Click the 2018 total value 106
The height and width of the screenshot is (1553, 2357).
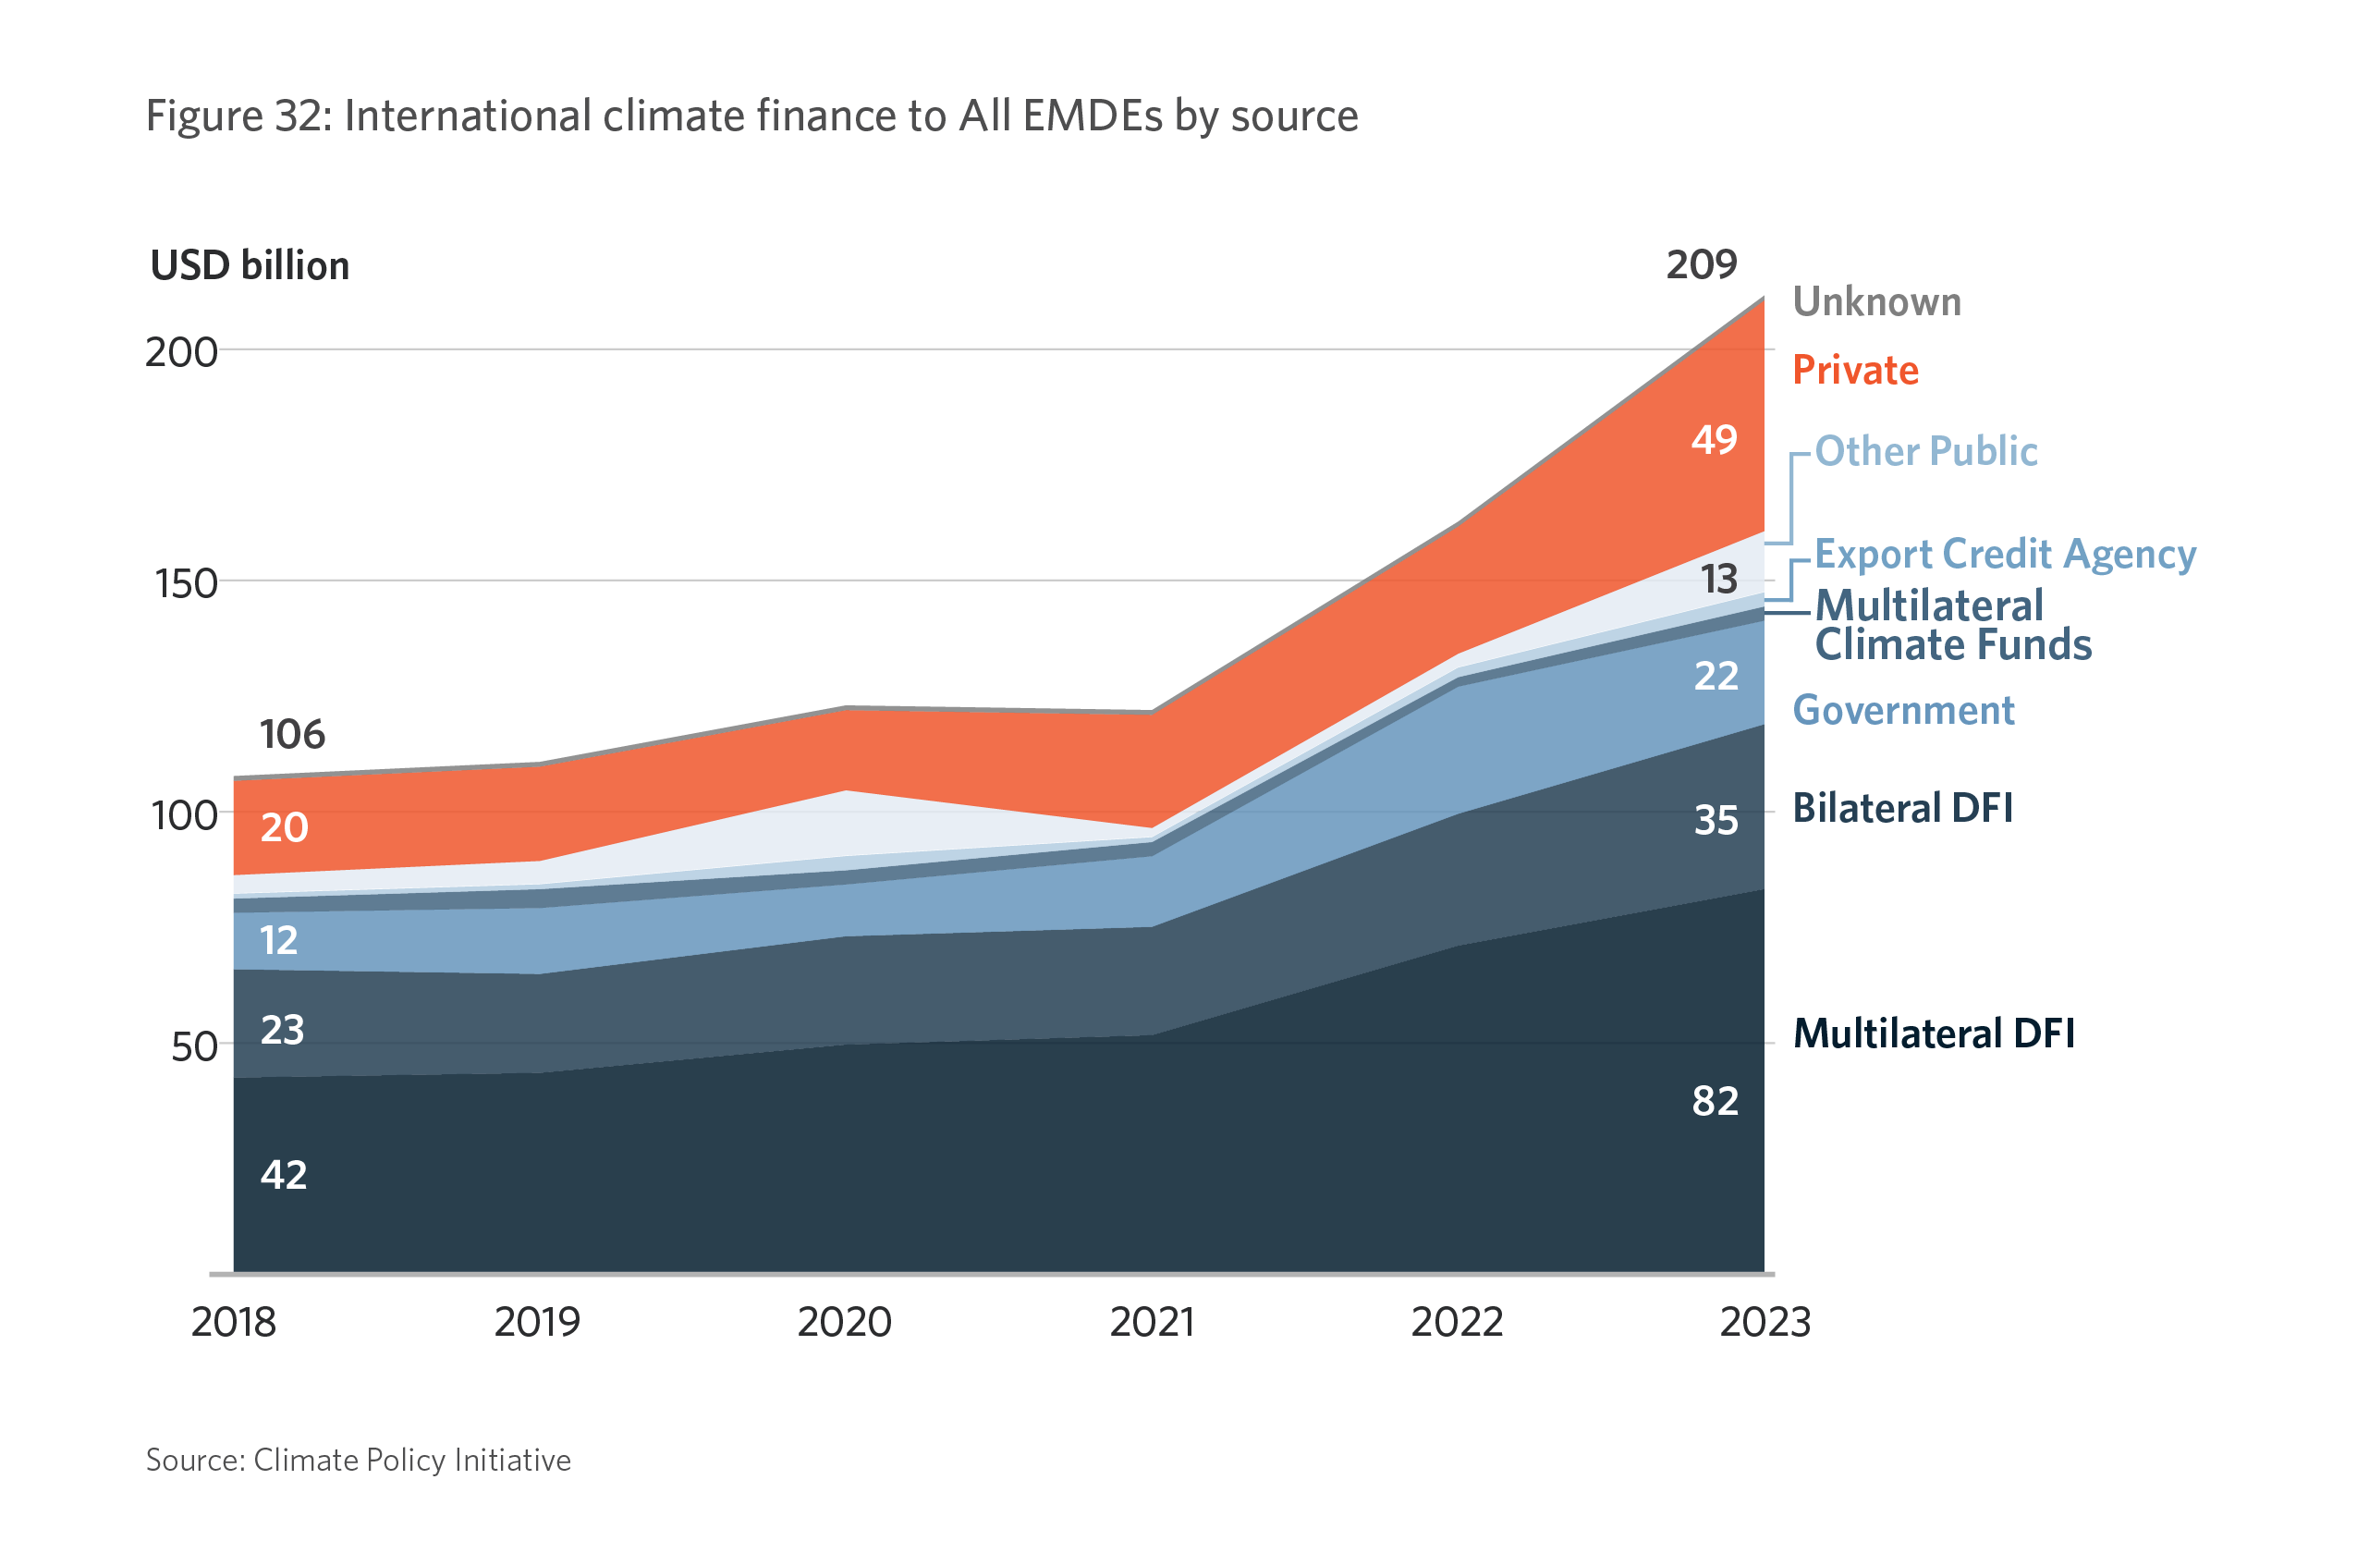click(x=292, y=735)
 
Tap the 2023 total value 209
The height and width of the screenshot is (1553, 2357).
click(x=1702, y=264)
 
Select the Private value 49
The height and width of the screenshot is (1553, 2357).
click(x=1715, y=440)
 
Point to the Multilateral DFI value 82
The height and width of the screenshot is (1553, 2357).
click(x=1716, y=1101)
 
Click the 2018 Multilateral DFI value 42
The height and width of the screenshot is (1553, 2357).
click(x=285, y=1175)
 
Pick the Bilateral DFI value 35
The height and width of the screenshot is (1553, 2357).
click(x=1716, y=820)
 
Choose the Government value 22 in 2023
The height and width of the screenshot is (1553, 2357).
click(x=1716, y=677)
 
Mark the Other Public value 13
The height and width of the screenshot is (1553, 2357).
click(x=1719, y=580)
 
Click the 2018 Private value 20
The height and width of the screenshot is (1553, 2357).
click(x=285, y=828)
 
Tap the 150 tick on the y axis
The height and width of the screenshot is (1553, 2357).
click(x=186, y=583)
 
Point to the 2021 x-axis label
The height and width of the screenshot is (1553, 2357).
click(x=1152, y=1322)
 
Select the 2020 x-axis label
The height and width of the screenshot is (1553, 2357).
click(x=845, y=1322)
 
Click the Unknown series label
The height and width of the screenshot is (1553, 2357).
click(x=1876, y=302)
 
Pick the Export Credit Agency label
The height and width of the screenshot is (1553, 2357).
click(x=2006, y=554)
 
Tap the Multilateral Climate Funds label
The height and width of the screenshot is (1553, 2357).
click(x=1952, y=625)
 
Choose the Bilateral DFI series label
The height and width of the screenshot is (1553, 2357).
click(x=1902, y=808)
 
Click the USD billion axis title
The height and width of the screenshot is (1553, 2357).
click(x=250, y=265)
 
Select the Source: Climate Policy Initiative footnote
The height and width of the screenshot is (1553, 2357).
click(x=359, y=1460)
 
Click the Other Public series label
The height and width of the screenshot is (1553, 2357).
click(x=1926, y=452)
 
